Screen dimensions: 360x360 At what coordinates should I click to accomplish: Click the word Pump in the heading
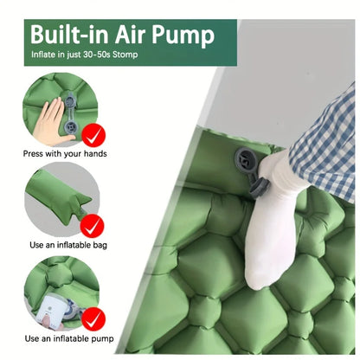[x=183, y=35]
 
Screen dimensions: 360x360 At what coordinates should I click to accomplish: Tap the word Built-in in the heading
[x=69, y=34]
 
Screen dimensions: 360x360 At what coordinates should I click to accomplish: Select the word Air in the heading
[x=131, y=34]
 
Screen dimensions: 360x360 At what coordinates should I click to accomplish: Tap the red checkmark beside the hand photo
[x=93, y=135]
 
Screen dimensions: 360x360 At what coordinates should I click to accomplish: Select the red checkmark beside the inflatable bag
[x=92, y=226]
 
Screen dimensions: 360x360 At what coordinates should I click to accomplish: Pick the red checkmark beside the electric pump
[x=93, y=319]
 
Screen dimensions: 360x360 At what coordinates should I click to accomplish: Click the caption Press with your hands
[x=65, y=154]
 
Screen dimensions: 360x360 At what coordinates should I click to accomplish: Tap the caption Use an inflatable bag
[x=68, y=245]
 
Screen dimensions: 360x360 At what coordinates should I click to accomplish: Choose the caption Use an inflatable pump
[x=69, y=338]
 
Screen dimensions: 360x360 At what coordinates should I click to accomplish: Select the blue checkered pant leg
[x=325, y=145]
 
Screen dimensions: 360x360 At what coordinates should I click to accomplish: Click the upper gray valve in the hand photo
[x=71, y=101]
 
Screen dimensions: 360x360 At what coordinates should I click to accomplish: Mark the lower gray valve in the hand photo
[x=71, y=127]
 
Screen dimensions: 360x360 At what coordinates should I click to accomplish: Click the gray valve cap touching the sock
[x=260, y=188]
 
